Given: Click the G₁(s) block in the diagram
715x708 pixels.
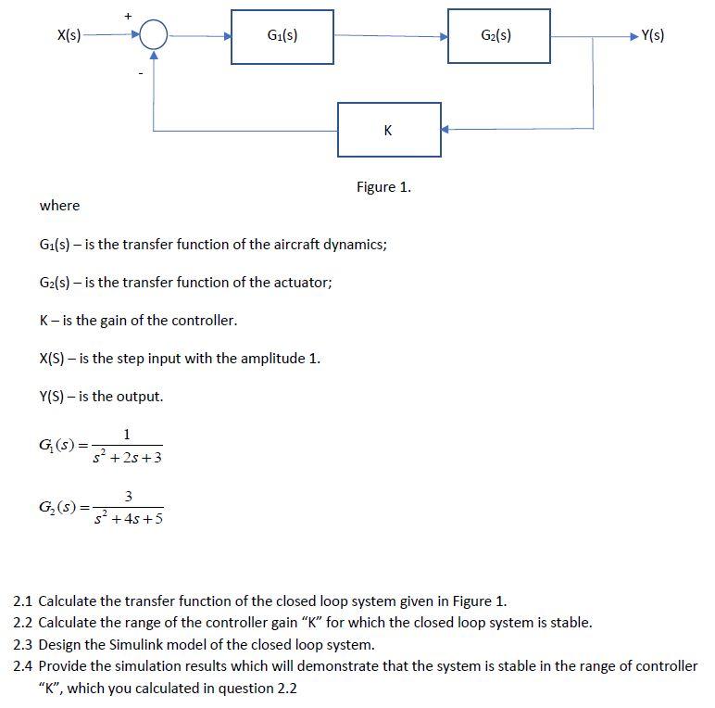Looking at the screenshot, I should (282, 37).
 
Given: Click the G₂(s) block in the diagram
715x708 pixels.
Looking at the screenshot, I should (498, 37).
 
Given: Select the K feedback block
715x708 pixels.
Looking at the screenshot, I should (387, 130).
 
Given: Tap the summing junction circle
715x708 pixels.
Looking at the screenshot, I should (154, 37).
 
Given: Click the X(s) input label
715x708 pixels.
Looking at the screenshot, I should (69, 36).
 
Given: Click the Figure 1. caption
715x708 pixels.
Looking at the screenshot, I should (383, 187).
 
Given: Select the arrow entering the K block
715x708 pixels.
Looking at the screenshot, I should (445, 130).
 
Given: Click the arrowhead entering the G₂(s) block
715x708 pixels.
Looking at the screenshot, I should (442, 37).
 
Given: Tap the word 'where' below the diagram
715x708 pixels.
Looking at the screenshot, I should (59, 206).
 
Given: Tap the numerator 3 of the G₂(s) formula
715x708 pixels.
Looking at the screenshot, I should (129, 498).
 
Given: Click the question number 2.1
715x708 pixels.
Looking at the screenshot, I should (23, 601).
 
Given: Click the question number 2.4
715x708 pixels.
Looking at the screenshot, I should (23, 665).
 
